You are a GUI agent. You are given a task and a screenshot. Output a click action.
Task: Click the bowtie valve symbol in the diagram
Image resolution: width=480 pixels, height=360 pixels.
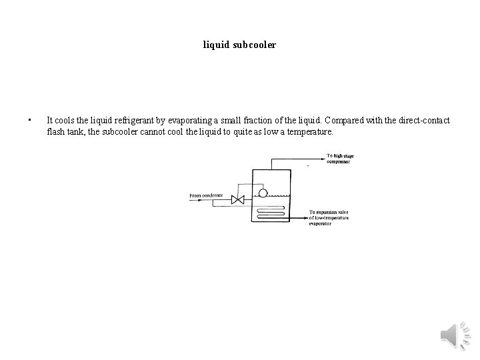pyautogui.click(x=237, y=199)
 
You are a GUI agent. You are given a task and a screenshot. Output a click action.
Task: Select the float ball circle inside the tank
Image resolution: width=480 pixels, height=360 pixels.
pyautogui.click(x=263, y=194)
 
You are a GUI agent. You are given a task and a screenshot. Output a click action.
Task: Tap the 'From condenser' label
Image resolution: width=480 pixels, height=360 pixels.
pyautogui.click(x=206, y=195)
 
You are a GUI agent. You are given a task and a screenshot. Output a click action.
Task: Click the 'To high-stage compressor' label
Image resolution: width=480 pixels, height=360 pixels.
pyautogui.click(x=340, y=159)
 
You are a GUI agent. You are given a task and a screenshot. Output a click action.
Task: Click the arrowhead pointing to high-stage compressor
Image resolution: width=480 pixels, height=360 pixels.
pyautogui.click(x=323, y=159)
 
